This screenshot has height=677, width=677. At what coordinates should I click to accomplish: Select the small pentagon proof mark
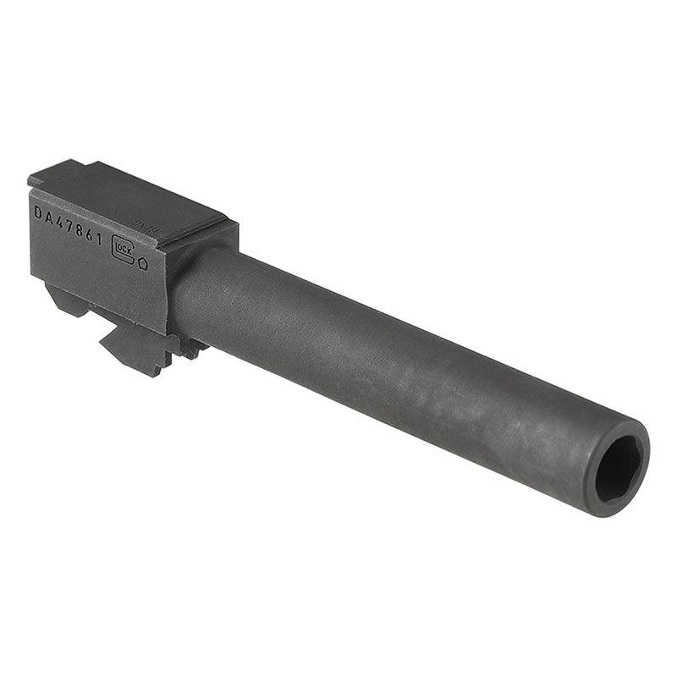click(143, 263)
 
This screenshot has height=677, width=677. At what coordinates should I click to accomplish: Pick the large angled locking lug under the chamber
click(135, 347)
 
